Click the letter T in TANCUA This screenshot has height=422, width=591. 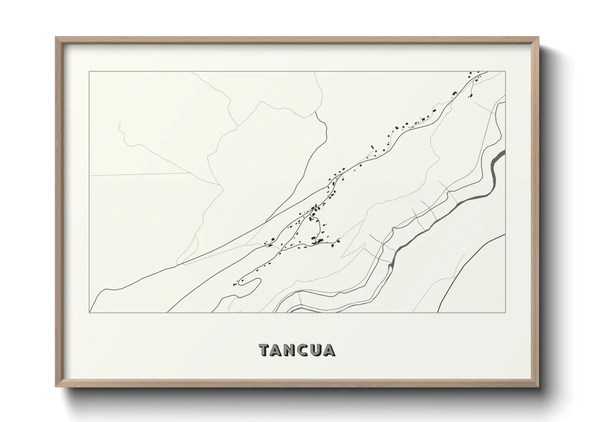(x=265, y=350)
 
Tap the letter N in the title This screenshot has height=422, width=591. (x=292, y=350)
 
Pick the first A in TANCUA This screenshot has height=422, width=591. (x=278, y=350)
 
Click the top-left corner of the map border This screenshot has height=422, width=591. (x=89, y=72)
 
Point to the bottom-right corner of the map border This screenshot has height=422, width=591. (x=506, y=312)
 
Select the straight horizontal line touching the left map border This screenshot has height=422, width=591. (x=140, y=174)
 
